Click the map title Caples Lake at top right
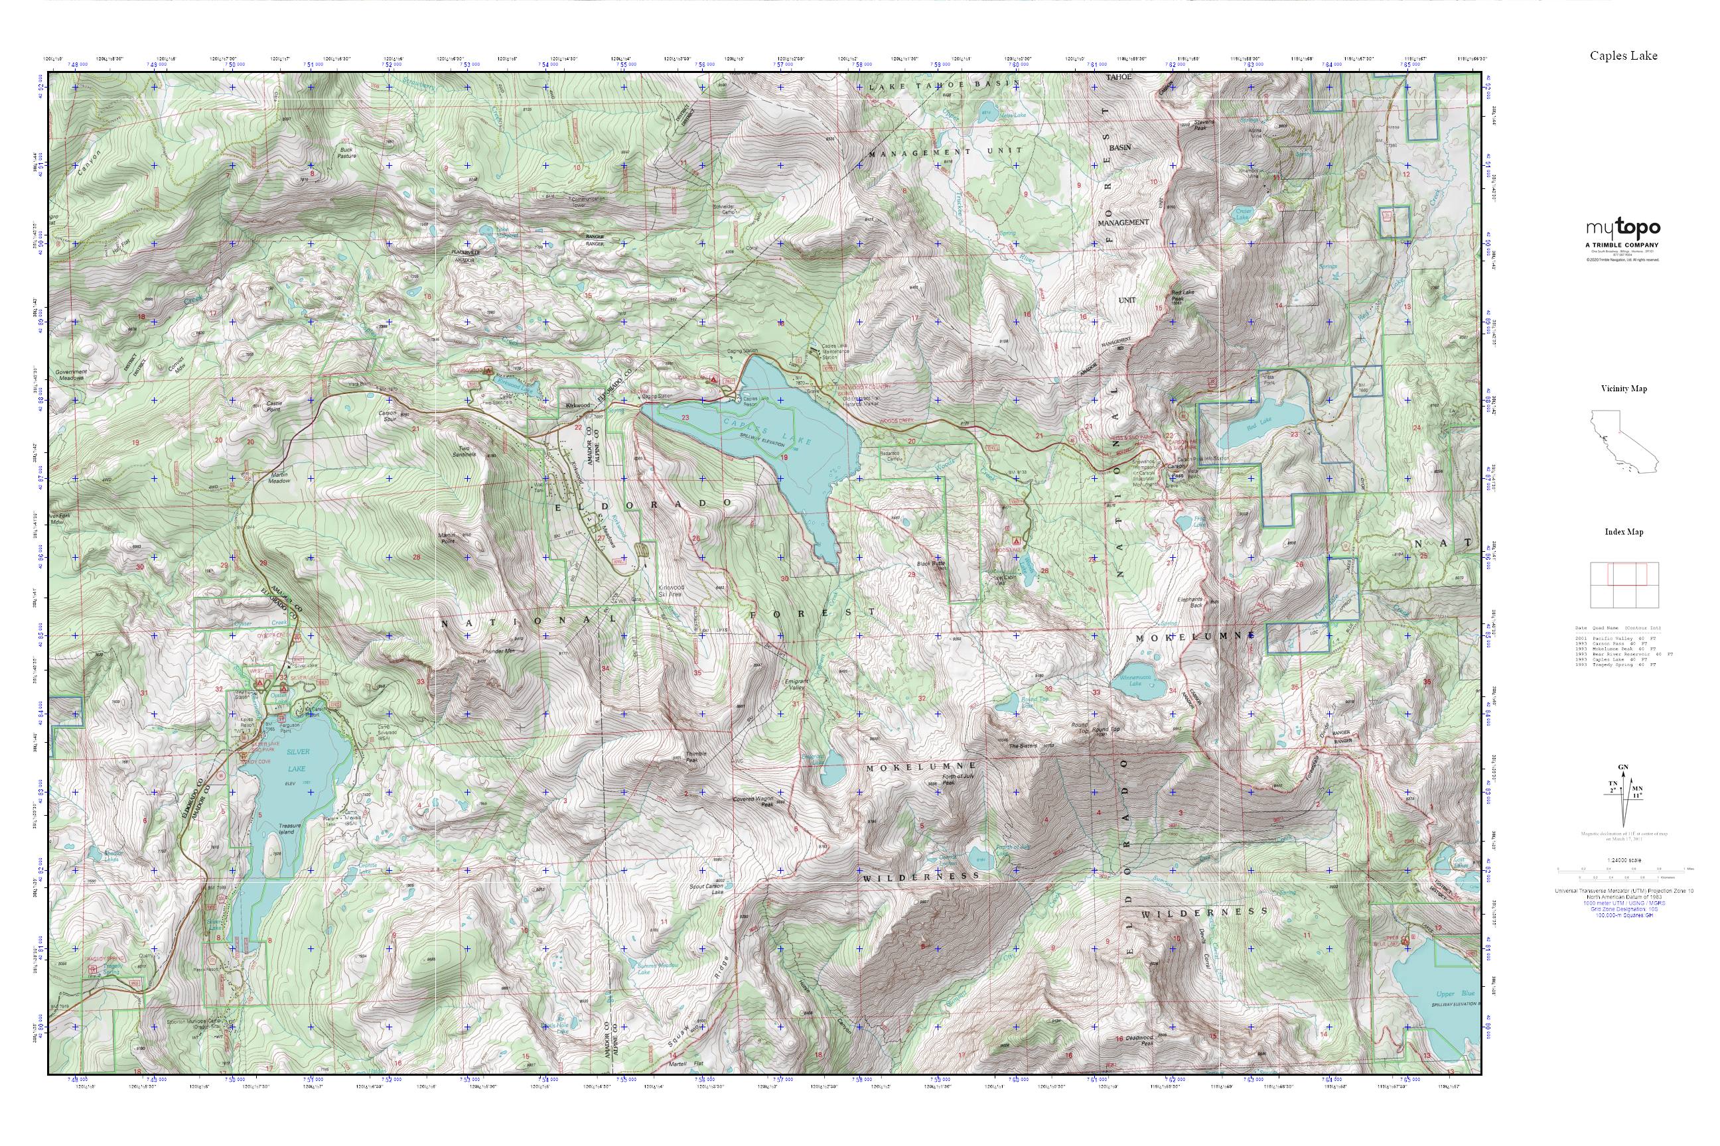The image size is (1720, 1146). point(1622,56)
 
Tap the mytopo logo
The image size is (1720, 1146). point(1622,229)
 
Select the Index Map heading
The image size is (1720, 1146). point(1624,531)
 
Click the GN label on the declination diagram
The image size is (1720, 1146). point(1622,767)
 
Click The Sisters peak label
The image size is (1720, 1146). point(1023,746)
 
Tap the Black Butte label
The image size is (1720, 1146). point(932,564)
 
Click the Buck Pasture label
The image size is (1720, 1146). point(346,152)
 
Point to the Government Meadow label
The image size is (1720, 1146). point(71,374)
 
